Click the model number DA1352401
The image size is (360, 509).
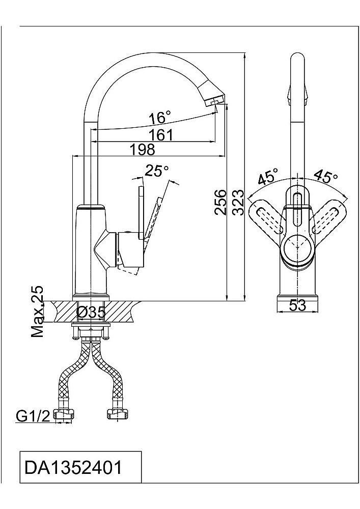(x=73, y=467)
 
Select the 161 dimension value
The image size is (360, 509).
(x=161, y=134)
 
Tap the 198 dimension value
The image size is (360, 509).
(x=143, y=149)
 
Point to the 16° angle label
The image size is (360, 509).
(x=159, y=117)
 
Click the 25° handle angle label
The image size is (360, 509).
(x=157, y=171)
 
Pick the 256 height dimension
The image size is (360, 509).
(x=220, y=202)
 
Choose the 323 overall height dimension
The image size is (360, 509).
(x=238, y=203)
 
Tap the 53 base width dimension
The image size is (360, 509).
(x=298, y=305)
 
